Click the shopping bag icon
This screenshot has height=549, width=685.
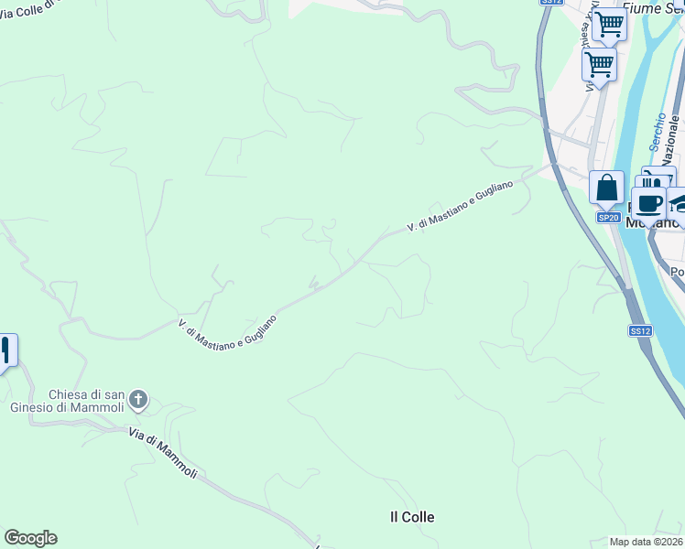[606, 188]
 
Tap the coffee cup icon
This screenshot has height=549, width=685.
[649, 203]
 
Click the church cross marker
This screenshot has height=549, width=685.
[138, 399]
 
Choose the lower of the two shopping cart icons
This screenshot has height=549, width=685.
[599, 65]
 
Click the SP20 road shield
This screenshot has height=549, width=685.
[609, 218]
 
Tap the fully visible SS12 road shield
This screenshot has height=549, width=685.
[640, 330]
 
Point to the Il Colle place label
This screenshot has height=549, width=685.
[412, 517]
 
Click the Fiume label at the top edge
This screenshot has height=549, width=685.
[641, 6]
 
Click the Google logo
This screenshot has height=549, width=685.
[30, 538]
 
